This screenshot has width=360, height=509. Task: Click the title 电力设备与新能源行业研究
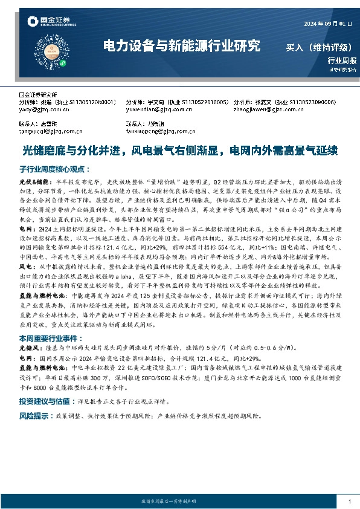(182, 45)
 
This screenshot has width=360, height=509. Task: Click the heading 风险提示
(34, 416)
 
